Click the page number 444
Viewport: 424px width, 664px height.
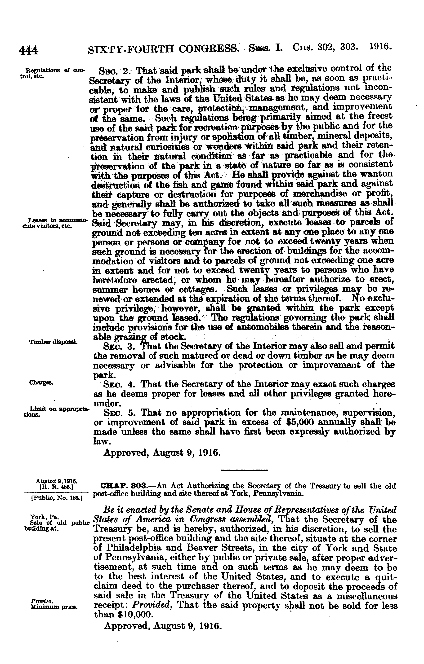pyautogui.click(x=28, y=50)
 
